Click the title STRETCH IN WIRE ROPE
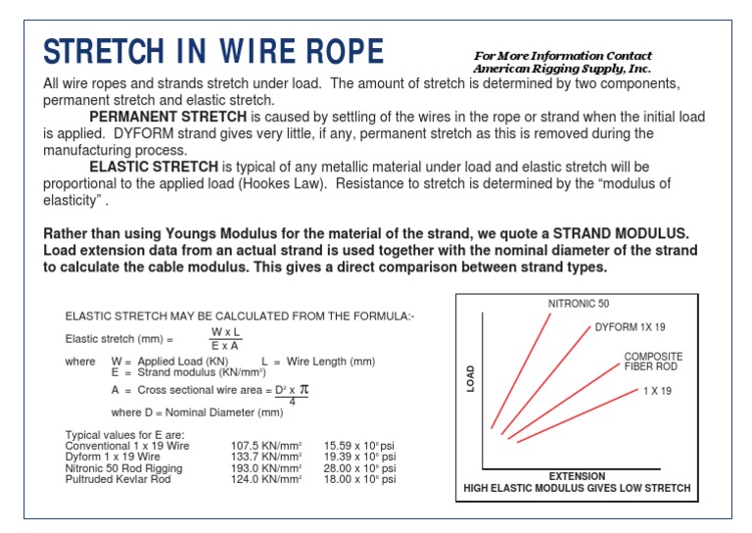[213, 53]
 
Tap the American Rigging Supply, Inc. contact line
[561, 70]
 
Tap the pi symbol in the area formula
[303, 389]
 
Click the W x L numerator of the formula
[226, 332]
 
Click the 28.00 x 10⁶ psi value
[359, 468]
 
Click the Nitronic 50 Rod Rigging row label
[125, 468]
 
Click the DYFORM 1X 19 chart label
[630, 326]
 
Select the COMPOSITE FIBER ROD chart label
[652, 362]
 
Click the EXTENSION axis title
[576, 477]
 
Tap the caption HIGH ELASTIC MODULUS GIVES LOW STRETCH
[576, 488]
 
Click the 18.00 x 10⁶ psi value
[359, 480]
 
